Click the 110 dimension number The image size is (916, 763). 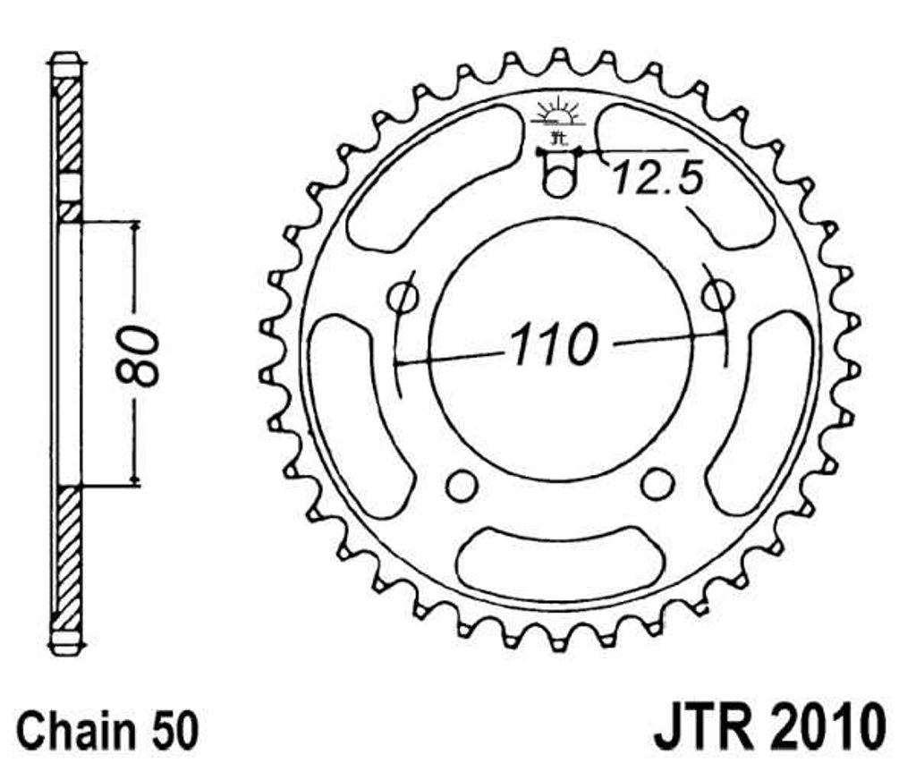[555, 344]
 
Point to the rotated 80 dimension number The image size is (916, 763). [138, 356]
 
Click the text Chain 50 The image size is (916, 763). [107, 729]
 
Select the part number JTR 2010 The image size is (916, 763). [770, 727]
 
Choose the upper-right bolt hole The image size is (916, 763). [717, 294]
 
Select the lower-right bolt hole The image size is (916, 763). [657, 483]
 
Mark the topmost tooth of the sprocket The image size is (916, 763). [559, 56]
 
